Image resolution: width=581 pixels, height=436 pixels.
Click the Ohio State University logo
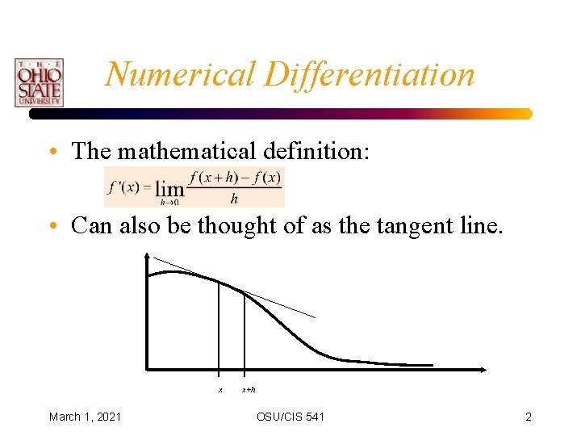(38, 82)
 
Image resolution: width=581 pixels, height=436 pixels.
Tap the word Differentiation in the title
(367, 74)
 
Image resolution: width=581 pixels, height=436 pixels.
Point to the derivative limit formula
(194, 187)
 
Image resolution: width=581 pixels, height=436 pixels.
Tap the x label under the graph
(220, 390)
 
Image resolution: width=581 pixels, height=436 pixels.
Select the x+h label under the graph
(249, 390)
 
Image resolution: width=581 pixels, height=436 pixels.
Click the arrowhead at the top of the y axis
(146, 257)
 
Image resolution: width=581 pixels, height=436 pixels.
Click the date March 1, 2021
(86, 417)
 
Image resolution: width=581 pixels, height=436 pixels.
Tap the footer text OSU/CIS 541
(290, 417)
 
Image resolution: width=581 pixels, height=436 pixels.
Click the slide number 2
(529, 417)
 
